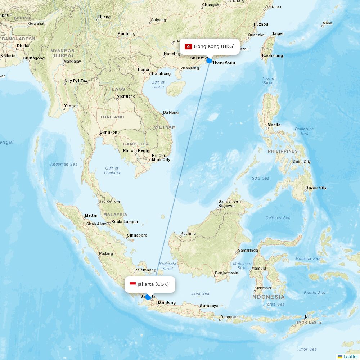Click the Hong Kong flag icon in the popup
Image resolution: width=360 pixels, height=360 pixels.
(188, 46)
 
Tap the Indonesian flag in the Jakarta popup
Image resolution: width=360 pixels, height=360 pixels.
(132, 284)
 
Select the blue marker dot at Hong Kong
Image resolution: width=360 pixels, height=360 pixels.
(209, 60)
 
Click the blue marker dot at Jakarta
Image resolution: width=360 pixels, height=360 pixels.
(148, 297)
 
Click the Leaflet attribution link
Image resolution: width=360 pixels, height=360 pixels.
(351, 356)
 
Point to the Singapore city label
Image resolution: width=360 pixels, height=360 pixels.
(137, 235)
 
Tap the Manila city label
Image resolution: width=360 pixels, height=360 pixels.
(274, 125)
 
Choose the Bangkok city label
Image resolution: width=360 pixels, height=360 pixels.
(108, 132)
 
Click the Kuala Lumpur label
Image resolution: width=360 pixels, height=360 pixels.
(125, 222)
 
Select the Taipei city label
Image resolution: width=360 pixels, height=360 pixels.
(278, 33)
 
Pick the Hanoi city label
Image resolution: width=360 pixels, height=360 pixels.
(143, 69)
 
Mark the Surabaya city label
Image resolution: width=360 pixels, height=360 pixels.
(209, 306)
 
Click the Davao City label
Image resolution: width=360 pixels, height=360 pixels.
(316, 188)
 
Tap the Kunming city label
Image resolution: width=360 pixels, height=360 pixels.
(127, 34)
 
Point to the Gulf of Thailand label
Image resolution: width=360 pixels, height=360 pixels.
(112, 170)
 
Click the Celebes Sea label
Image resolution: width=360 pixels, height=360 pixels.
(278, 218)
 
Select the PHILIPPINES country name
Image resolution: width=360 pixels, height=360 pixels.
(283, 151)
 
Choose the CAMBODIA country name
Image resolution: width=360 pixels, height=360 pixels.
(136, 144)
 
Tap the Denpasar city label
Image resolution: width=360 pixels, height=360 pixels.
(229, 317)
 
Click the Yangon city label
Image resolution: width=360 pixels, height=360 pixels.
(71, 106)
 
